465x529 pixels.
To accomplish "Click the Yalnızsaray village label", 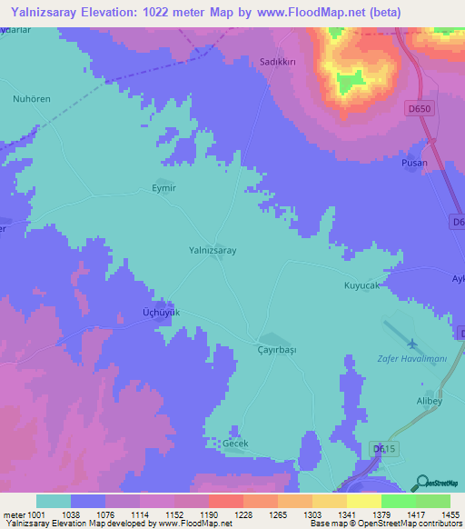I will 213,248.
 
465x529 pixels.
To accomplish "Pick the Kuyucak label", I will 365,286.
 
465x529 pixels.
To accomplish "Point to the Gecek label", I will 235,444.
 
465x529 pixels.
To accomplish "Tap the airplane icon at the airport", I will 413,343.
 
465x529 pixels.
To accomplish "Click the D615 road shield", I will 384,449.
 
